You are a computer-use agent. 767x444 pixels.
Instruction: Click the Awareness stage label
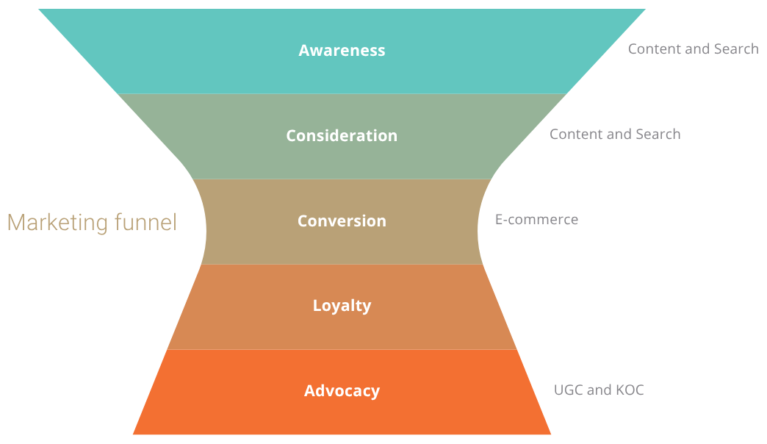[x=342, y=51]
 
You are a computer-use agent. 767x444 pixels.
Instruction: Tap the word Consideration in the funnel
[x=342, y=136]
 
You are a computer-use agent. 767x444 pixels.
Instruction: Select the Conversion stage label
[x=342, y=221]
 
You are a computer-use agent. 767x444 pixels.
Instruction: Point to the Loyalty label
[x=342, y=306]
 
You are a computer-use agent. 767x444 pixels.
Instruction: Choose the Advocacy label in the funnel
[x=342, y=391]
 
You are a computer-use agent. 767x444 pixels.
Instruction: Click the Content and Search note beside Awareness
[x=693, y=49]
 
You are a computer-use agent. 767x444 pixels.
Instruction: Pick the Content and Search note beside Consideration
[x=615, y=135]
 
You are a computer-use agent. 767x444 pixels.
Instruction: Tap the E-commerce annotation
[x=536, y=220]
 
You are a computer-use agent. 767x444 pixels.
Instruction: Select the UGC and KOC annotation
[x=599, y=390]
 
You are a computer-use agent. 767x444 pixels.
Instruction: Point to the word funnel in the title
[x=147, y=223]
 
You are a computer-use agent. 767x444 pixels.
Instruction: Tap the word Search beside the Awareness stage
[x=735, y=49]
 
